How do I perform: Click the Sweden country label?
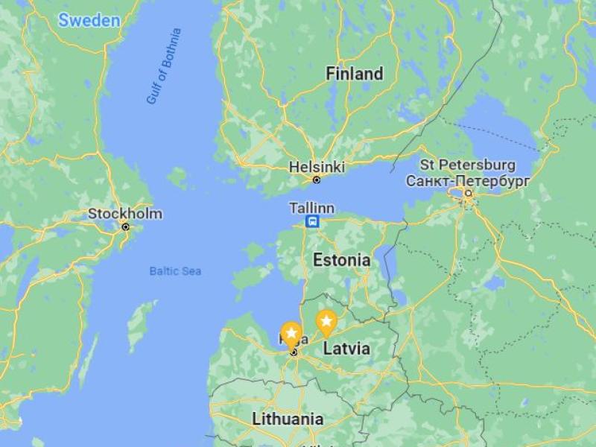[x=89, y=20]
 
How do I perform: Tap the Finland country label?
[x=355, y=74]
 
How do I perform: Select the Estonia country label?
[x=341, y=260]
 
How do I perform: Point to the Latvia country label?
[x=346, y=348]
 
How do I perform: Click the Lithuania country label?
[x=288, y=419]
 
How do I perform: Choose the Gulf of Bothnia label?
[x=163, y=66]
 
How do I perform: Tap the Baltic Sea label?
[x=175, y=271]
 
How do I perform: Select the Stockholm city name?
[x=125, y=214]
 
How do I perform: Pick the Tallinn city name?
[x=313, y=208]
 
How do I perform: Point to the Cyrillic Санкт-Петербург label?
[x=468, y=180]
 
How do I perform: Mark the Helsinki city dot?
[x=317, y=180]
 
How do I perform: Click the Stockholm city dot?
[x=125, y=226]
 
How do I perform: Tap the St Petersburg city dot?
[x=468, y=194]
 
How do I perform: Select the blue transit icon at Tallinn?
[x=313, y=221]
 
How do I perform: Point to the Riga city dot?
[x=294, y=352]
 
